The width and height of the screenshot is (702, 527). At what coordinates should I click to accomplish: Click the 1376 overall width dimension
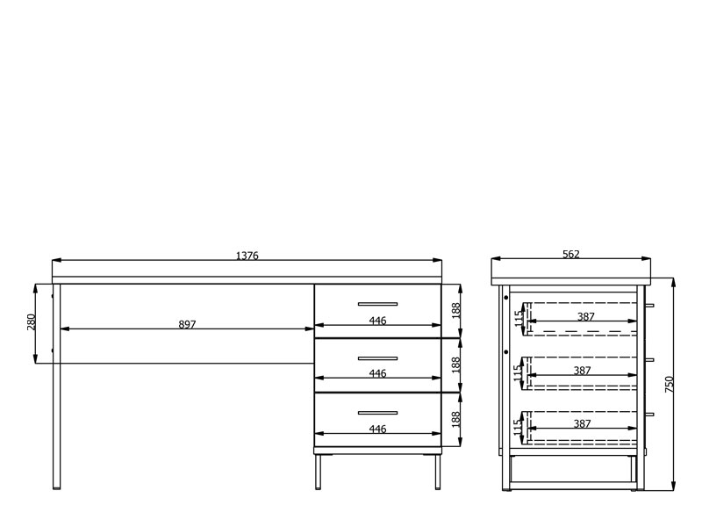coord(247,256)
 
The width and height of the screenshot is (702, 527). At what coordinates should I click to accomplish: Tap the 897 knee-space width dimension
coord(187,324)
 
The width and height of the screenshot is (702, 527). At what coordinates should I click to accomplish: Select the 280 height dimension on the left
coord(32,322)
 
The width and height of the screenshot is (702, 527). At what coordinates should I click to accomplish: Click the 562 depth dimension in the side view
coord(571,255)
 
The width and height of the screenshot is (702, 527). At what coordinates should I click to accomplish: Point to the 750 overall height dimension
coord(670,385)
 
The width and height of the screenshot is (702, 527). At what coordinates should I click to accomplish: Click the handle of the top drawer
coord(377,304)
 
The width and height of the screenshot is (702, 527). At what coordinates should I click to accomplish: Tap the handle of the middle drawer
coord(377,358)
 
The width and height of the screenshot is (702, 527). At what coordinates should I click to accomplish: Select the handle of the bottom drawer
coord(377,413)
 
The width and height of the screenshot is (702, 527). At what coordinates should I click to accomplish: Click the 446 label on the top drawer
coord(377,321)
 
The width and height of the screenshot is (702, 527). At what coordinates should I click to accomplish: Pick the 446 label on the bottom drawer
coord(377,429)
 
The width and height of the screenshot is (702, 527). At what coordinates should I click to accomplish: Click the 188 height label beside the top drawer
coord(455,311)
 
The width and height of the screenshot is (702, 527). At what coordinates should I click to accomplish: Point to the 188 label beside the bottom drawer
coord(455,420)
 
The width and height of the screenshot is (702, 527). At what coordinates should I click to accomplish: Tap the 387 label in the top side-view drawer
coord(585,317)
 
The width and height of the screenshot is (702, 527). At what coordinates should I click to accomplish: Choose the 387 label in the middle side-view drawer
coord(582,371)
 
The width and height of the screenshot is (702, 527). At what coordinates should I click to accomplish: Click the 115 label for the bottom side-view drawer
coord(518,427)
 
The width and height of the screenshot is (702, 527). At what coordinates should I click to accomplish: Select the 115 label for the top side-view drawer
coord(519,319)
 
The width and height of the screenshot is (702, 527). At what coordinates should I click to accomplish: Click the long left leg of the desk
coord(56,386)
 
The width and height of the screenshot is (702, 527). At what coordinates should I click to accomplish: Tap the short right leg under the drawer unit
coord(437,473)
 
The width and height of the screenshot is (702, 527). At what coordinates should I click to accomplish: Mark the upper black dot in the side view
coord(506,297)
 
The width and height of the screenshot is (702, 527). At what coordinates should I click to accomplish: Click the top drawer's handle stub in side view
coord(649,306)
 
